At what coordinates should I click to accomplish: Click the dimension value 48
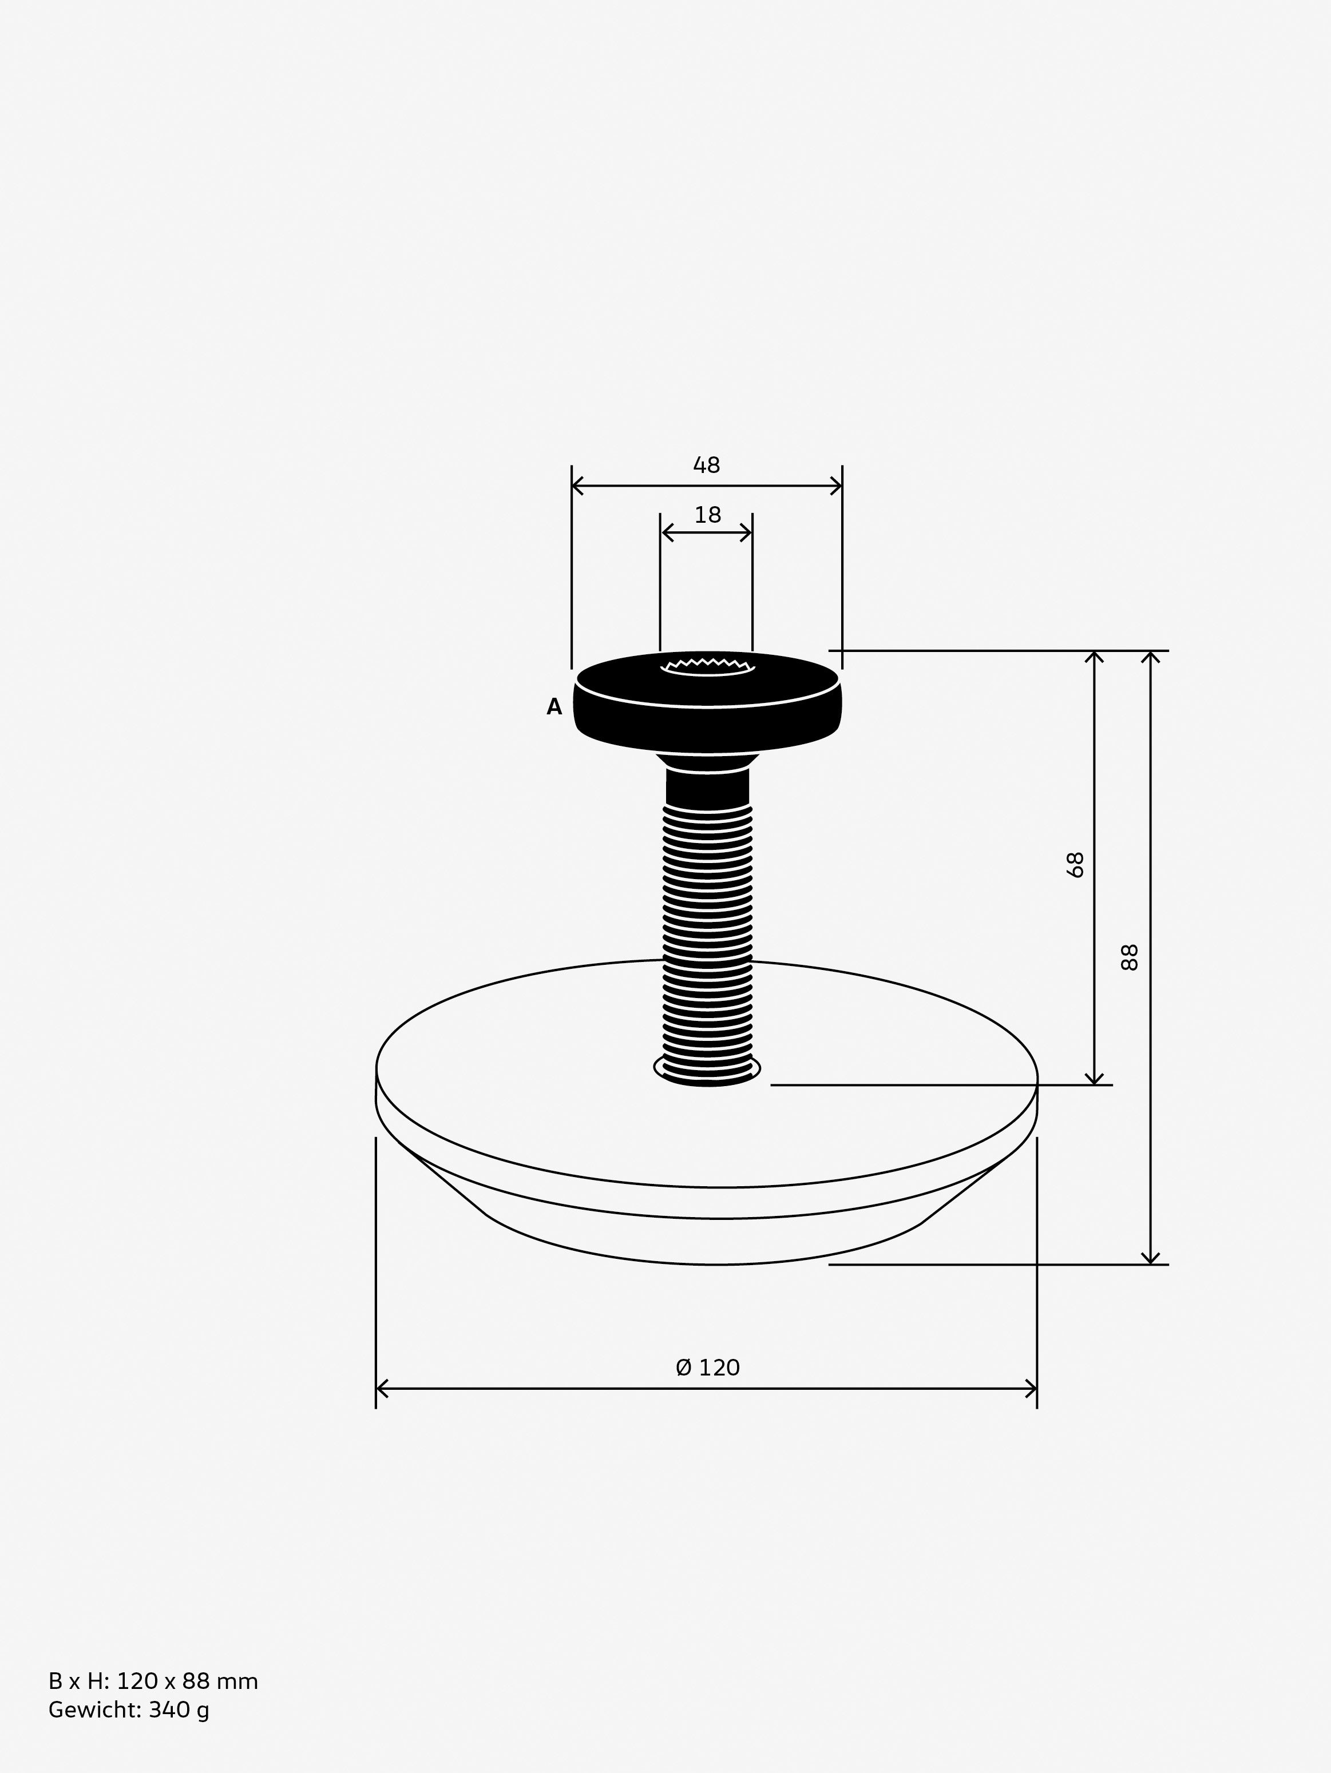tap(706, 465)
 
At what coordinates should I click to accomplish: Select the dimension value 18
tap(707, 515)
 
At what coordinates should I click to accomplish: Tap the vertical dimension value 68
tap(1075, 864)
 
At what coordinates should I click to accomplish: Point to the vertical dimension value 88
tap(1129, 957)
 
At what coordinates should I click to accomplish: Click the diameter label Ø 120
tap(707, 1366)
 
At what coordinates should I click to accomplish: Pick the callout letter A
tap(554, 706)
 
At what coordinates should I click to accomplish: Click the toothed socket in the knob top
tap(707, 667)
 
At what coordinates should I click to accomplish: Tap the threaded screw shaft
tap(708, 942)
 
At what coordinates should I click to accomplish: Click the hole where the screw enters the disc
tap(707, 1070)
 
